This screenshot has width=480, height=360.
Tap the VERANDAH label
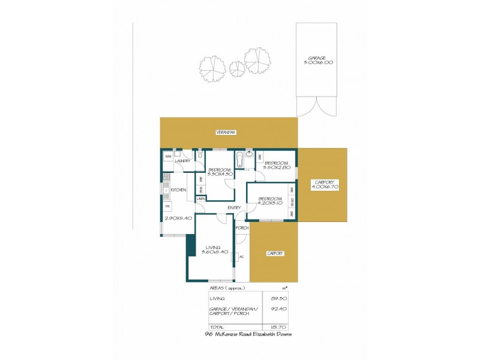click(x=226, y=132)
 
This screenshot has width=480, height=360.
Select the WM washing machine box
click(x=168, y=156)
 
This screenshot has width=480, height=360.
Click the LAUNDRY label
click(x=182, y=161)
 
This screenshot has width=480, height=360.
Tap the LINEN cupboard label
click(x=201, y=199)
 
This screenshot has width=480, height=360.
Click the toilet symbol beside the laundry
click(x=200, y=157)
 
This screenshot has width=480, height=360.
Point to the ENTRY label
click(x=234, y=208)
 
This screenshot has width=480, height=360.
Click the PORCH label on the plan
click(x=242, y=228)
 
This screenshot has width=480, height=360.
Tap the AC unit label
click(x=241, y=257)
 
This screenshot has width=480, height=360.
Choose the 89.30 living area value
click(x=277, y=298)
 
